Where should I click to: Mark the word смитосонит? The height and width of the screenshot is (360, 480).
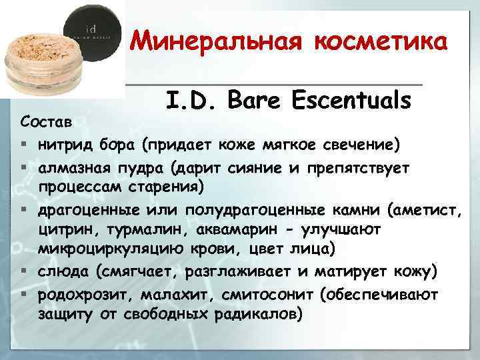[x=257, y=295]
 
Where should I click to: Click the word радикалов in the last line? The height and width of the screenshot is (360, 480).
[x=253, y=312]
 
